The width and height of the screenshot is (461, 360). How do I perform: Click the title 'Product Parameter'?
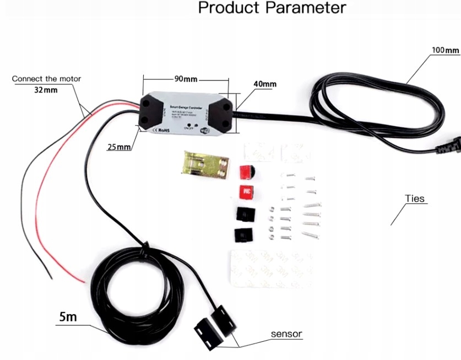click(x=272, y=8)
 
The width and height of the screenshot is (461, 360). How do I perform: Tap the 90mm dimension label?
click(x=186, y=78)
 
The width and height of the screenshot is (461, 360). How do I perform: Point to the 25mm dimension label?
click(x=120, y=147)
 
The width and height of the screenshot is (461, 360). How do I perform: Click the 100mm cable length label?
click(x=445, y=50)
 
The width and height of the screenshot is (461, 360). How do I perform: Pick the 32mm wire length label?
click(x=46, y=90)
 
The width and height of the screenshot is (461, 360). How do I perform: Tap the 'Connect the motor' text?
click(x=46, y=79)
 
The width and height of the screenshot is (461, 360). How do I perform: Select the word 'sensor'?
click(x=286, y=334)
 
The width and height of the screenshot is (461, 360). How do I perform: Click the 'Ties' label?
click(x=415, y=198)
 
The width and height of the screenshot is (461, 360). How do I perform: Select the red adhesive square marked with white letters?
click(x=246, y=192)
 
